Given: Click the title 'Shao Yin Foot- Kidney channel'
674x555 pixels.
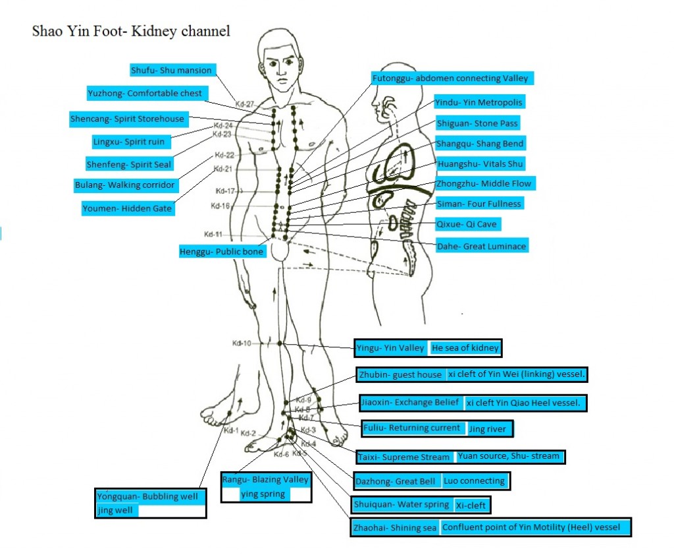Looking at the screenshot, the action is pos(131,31).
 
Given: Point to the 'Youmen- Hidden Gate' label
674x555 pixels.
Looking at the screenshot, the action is pos(128,208).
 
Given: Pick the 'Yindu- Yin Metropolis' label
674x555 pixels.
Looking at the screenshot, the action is pos(479,102).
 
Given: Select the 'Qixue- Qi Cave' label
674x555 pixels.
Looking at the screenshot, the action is pos(468,224).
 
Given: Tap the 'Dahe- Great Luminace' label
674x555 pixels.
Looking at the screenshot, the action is pos(482,246).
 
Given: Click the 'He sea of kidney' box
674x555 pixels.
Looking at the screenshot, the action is pos(465,347).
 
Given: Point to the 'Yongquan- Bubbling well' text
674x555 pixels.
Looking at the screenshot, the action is pos(147,496).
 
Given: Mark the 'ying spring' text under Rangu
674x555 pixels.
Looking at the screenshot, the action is pos(263,494).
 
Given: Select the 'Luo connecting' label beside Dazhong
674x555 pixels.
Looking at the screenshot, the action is pos(475,481).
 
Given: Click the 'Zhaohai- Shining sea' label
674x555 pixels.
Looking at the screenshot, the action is pos(395,527).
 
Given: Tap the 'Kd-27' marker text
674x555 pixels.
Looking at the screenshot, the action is pos(245,103).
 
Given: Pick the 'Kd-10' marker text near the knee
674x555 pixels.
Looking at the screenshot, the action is pos(242,343).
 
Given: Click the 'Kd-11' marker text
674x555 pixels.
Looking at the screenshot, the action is pos(213,234).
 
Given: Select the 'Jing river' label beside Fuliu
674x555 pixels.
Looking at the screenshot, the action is pos(488,428).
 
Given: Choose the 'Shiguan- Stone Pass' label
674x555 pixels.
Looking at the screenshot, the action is pos(478,123).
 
